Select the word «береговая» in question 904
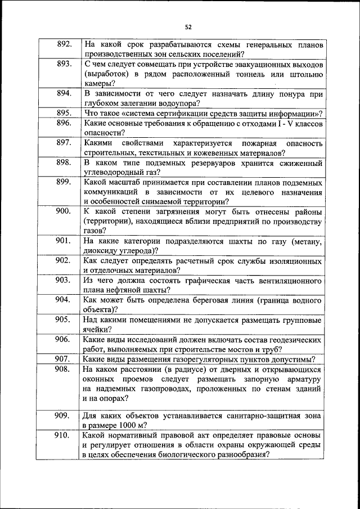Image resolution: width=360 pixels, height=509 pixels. point(199,300)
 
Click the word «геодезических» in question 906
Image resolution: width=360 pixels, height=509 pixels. point(292,339)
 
